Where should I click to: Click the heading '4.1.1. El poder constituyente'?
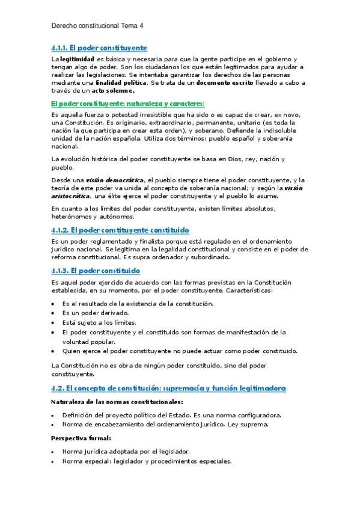99,47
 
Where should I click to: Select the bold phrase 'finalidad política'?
121,82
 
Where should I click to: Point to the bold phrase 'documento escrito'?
227,82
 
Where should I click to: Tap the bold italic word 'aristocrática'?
71,195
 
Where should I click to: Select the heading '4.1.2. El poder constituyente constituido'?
120,230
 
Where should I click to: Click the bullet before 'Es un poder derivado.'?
53,313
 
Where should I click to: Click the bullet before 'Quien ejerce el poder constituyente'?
53,351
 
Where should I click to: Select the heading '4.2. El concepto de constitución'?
168,389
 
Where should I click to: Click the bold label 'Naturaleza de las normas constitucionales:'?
117,402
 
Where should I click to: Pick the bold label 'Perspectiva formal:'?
81,438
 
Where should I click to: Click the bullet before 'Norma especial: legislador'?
53,461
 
